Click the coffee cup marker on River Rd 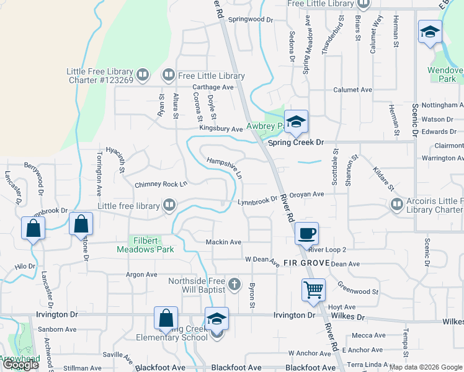[306, 234]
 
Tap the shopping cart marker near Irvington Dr [314, 290]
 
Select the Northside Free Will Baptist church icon [234, 285]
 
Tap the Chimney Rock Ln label [161, 184]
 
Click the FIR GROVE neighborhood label [306, 263]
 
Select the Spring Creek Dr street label [297, 142]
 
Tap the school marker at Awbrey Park [296, 121]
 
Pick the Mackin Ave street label [223, 242]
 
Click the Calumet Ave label [352, 90]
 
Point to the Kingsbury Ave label [221, 129]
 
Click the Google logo [20, 365]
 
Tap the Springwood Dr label [251, 20]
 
